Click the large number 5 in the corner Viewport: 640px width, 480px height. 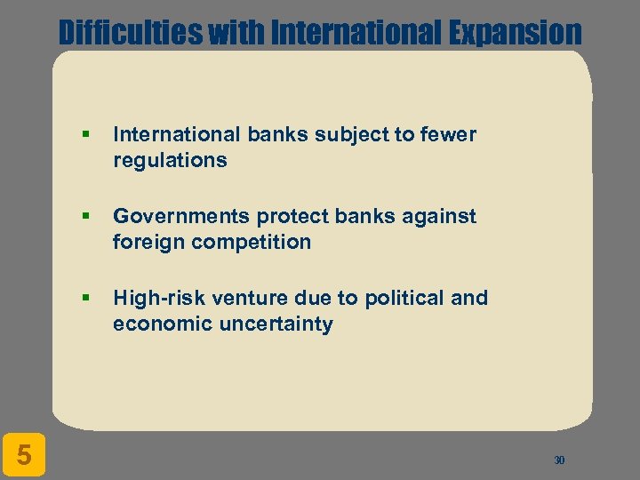[25, 455]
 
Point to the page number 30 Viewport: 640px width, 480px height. [559, 460]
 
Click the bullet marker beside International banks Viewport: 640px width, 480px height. [85, 135]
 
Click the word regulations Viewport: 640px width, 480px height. [170, 160]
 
